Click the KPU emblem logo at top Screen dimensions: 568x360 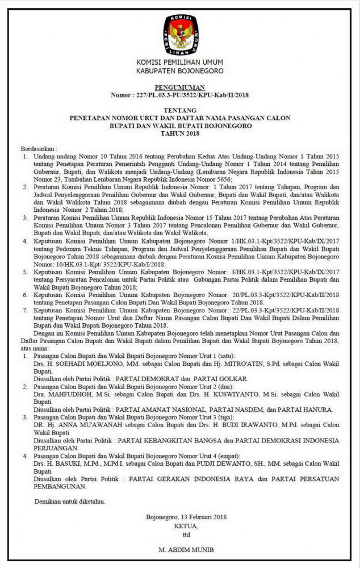(180, 32)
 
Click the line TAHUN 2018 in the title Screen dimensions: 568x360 (179, 133)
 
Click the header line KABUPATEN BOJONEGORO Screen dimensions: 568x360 (179, 70)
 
